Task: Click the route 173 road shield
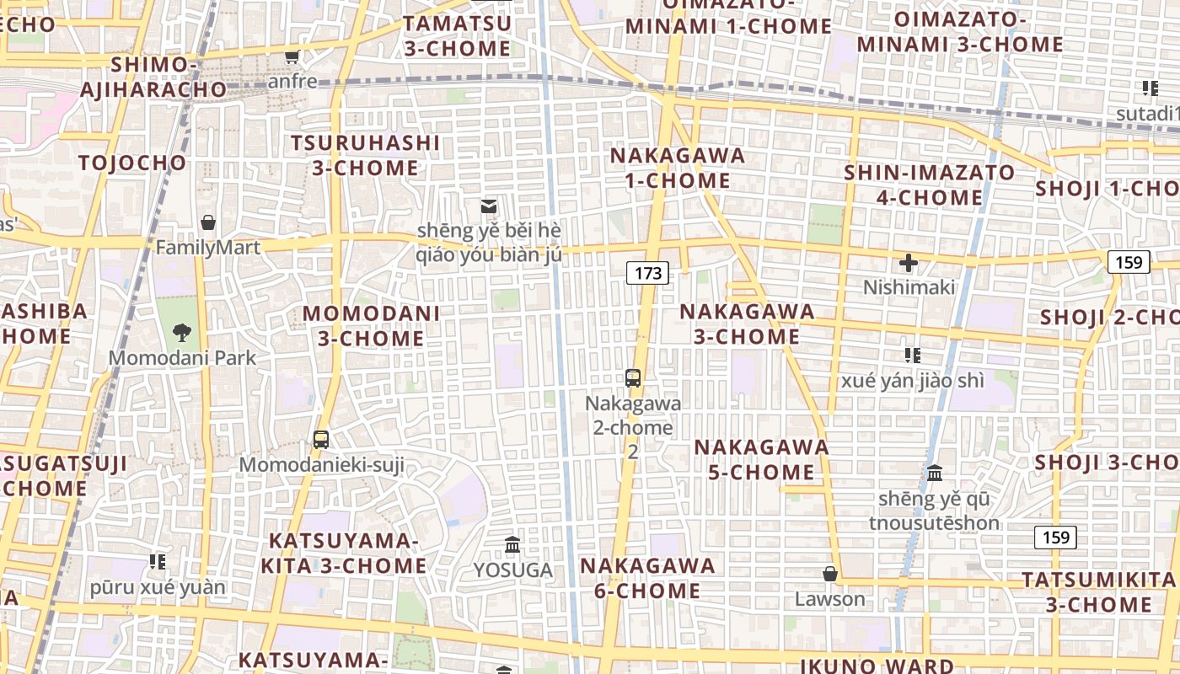pos(647,273)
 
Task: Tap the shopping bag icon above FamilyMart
pos(208,222)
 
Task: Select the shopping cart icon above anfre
pos(292,56)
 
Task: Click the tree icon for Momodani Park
pos(181,332)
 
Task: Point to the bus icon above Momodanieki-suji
pos(321,439)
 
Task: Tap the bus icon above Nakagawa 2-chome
pos(633,378)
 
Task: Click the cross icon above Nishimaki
pos(909,263)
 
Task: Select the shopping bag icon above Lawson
pos(830,574)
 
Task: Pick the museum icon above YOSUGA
pos(512,545)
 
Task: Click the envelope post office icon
pos(489,206)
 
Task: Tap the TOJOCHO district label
pos(132,163)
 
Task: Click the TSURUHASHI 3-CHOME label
pos(365,155)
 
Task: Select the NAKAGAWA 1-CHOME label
pos(678,168)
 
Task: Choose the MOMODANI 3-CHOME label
pos(371,326)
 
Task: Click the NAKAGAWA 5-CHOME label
pos(762,459)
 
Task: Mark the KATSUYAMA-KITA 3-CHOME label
pos(343,553)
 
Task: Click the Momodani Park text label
pos(182,358)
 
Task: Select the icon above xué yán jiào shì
pos(912,356)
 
